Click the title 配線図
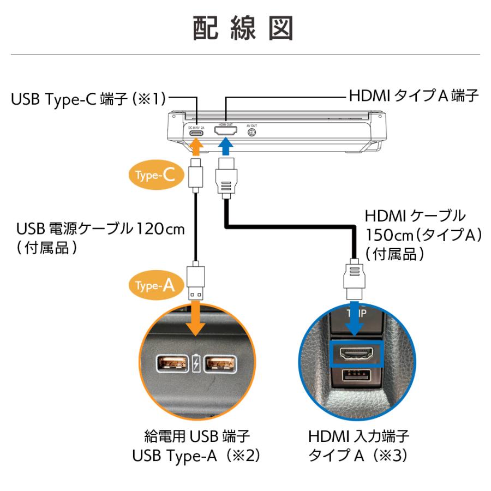[x=244, y=27]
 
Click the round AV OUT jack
[x=252, y=133]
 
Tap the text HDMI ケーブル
[x=415, y=214]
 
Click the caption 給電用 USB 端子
[x=195, y=436]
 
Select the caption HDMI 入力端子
[x=358, y=436]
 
